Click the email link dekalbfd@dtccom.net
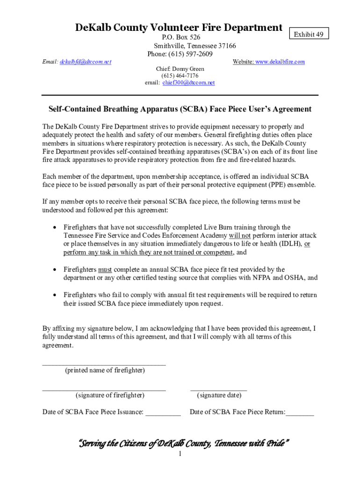(86, 62)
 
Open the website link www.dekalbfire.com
(280, 62)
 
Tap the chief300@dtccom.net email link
(188, 82)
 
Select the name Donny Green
(188, 69)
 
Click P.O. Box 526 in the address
(181, 37)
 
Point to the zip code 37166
(226, 46)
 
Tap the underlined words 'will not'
(239, 236)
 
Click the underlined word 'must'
(105, 269)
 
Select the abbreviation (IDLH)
(290, 244)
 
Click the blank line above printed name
(104, 363)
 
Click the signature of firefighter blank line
(104, 389)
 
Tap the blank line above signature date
(218, 389)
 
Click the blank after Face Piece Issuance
(163, 414)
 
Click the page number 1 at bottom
(180, 454)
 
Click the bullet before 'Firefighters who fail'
(55, 295)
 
